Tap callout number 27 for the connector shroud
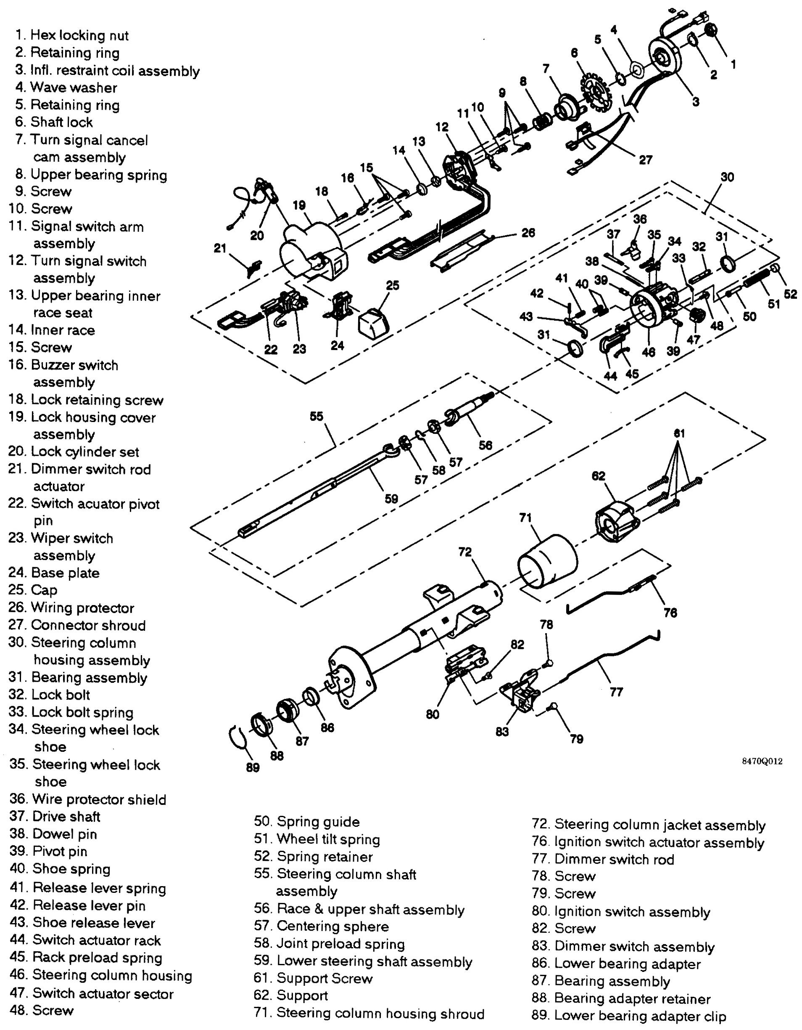click(x=645, y=160)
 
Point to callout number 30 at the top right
click(x=727, y=177)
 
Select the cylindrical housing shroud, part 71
click(x=548, y=561)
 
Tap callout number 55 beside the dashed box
click(x=317, y=416)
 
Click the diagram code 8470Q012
click(x=762, y=761)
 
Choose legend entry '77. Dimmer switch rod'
click(x=603, y=859)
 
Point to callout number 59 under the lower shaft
click(x=391, y=499)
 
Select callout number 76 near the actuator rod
click(x=670, y=613)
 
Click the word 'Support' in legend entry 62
click(x=302, y=995)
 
